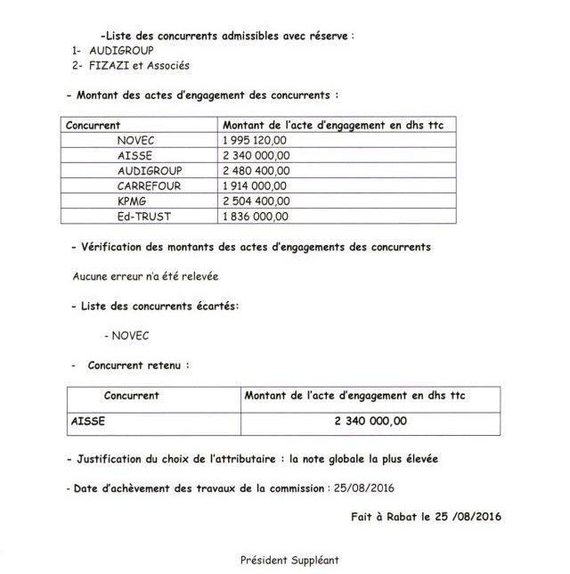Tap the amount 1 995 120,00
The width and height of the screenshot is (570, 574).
(256, 140)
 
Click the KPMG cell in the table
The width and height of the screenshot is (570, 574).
(130, 201)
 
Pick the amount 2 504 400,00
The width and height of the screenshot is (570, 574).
(256, 201)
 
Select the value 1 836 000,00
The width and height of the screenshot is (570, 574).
(256, 216)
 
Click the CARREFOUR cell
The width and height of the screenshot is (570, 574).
(144, 185)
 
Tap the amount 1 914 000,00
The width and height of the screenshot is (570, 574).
(255, 185)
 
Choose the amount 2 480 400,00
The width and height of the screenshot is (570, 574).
(256, 170)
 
